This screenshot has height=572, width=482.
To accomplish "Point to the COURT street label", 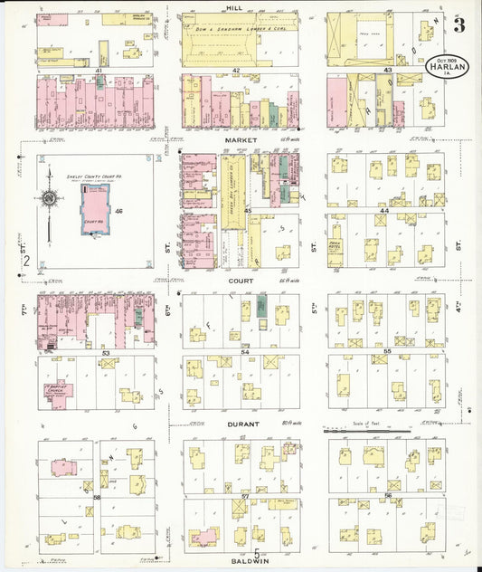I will pos(241,281).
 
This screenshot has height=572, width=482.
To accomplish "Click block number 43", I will pos(387,70).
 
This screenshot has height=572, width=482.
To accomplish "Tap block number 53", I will pos(106,352).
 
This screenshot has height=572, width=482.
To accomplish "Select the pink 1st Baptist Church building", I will pos(61,391).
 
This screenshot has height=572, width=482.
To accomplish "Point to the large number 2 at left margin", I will pos(27,262).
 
